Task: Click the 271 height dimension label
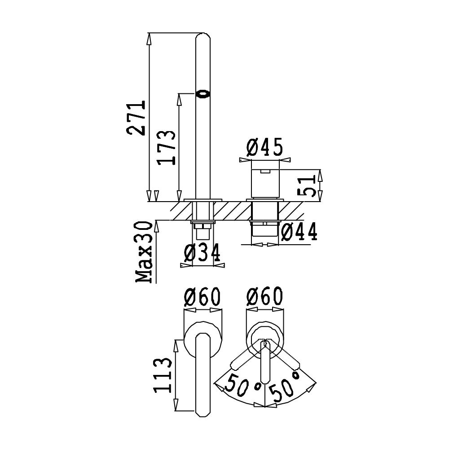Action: (x=136, y=117)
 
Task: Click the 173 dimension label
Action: (x=167, y=148)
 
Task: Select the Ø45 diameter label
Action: (x=264, y=147)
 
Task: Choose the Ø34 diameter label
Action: (x=202, y=252)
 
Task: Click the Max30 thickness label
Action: (x=144, y=252)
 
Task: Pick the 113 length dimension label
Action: (x=163, y=375)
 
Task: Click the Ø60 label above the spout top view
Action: (x=202, y=297)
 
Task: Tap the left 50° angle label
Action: (x=243, y=384)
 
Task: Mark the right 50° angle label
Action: (x=285, y=385)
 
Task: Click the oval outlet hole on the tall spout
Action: (x=203, y=94)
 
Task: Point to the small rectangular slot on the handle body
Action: (x=265, y=172)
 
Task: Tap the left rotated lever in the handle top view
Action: (x=247, y=355)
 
